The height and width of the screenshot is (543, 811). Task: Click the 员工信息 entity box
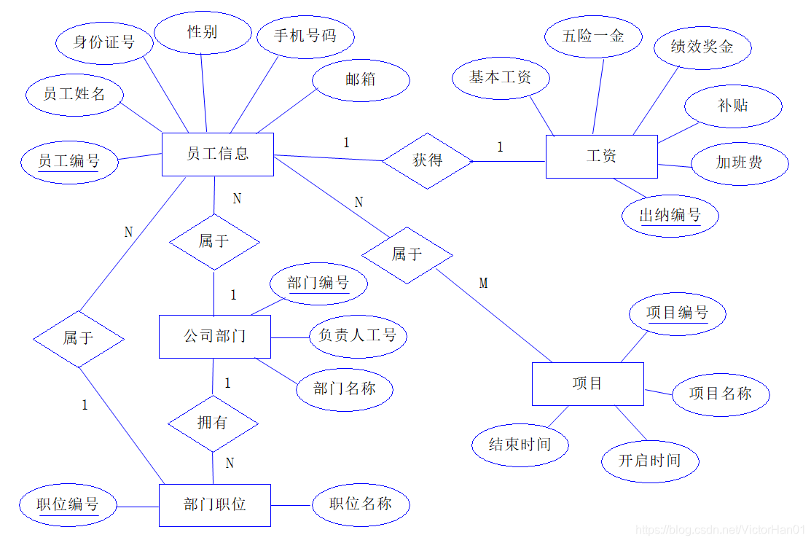[x=217, y=154]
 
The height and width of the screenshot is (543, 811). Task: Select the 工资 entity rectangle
[x=601, y=156]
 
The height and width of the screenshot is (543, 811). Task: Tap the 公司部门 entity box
[x=214, y=336]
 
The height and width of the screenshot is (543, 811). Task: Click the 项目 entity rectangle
[x=587, y=383]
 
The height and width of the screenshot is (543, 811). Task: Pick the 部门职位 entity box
[x=214, y=504]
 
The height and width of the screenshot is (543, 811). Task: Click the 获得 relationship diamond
[x=428, y=160]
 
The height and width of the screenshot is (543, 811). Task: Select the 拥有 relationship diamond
[x=213, y=423]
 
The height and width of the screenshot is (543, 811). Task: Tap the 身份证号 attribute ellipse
[x=104, y=42]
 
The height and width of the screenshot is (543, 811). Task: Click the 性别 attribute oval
[x=202, y=32]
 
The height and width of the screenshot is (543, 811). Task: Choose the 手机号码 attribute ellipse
[x=305, y=35]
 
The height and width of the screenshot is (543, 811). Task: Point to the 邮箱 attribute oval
[x=361, y=79]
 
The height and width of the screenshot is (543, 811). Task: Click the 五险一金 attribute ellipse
[x=593, y=36]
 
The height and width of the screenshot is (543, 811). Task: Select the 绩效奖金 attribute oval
[x=702, y=47]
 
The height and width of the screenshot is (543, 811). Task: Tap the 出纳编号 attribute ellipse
[x=670, y=215]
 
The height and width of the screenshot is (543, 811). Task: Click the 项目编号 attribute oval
[x=677, y=313]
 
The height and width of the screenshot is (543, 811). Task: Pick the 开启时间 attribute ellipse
[x=650, y=461]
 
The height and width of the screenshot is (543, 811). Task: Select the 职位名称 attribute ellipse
[x=361, y=504]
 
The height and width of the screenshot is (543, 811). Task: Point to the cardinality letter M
[x=483, y=283]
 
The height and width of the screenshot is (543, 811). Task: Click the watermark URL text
[x=719, y=530]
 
